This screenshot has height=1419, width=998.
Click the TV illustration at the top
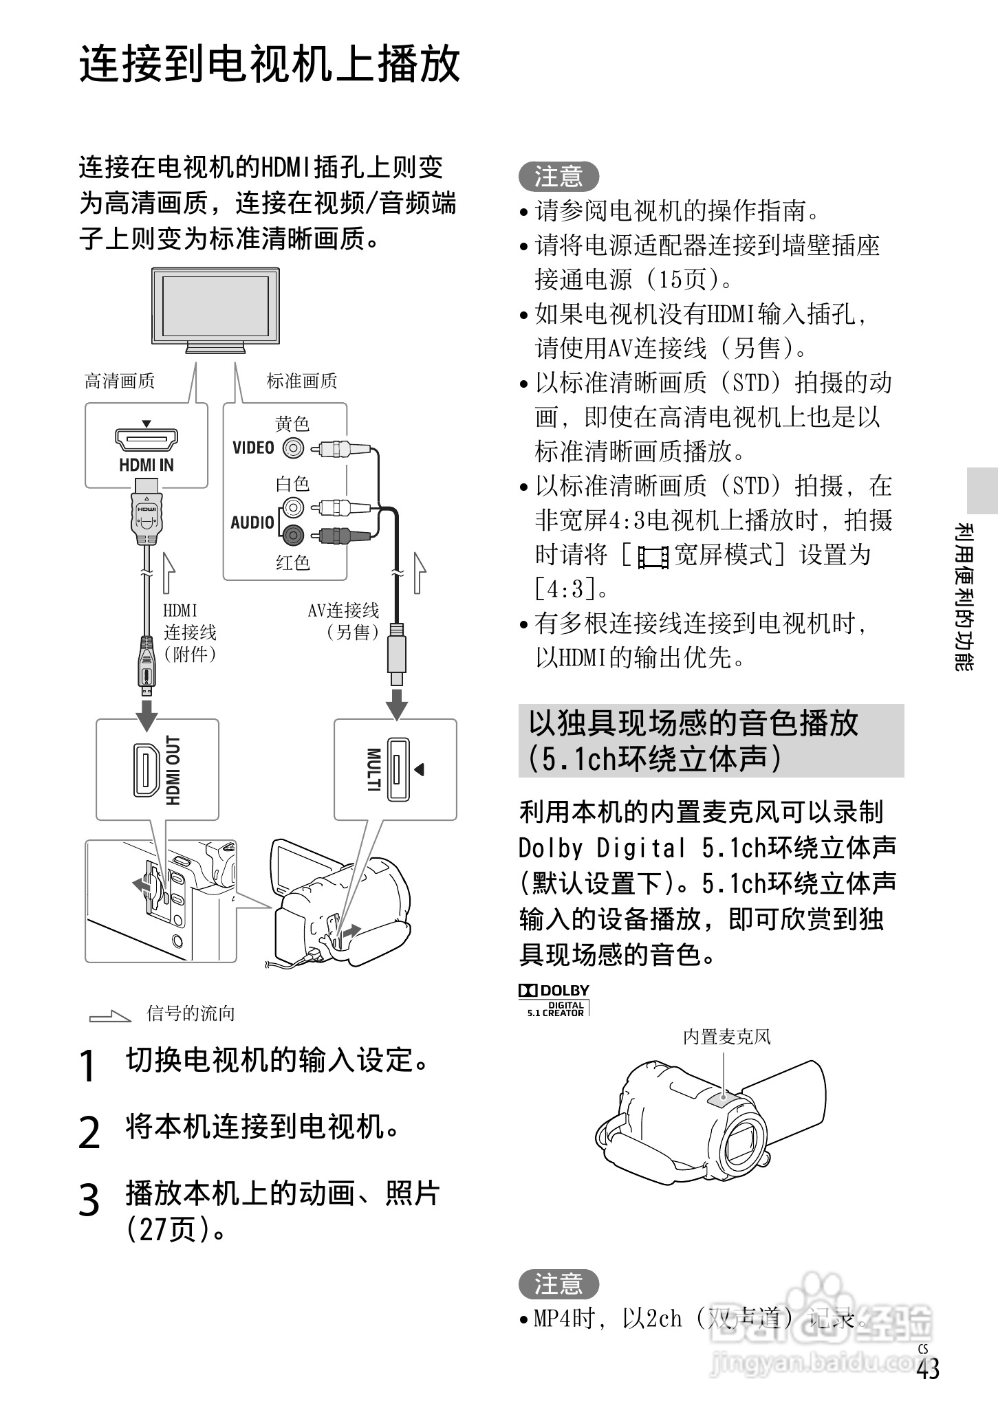215,307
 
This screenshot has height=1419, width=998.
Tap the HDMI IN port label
147,465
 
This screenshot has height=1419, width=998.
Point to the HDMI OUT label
173,770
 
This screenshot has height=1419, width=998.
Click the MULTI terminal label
373,770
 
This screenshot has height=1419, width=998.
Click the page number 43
927,1369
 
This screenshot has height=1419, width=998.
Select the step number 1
87,1066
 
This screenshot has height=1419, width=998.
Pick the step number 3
89,1200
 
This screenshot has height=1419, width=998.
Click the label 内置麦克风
726,1036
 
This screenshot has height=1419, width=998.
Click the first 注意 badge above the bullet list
558,177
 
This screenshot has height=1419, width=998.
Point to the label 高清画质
120,381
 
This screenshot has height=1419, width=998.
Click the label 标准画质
302,381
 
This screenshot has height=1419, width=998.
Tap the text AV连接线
343,610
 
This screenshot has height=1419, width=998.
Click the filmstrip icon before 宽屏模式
653,556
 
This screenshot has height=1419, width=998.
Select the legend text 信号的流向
191,1013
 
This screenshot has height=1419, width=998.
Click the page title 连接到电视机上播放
270,65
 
